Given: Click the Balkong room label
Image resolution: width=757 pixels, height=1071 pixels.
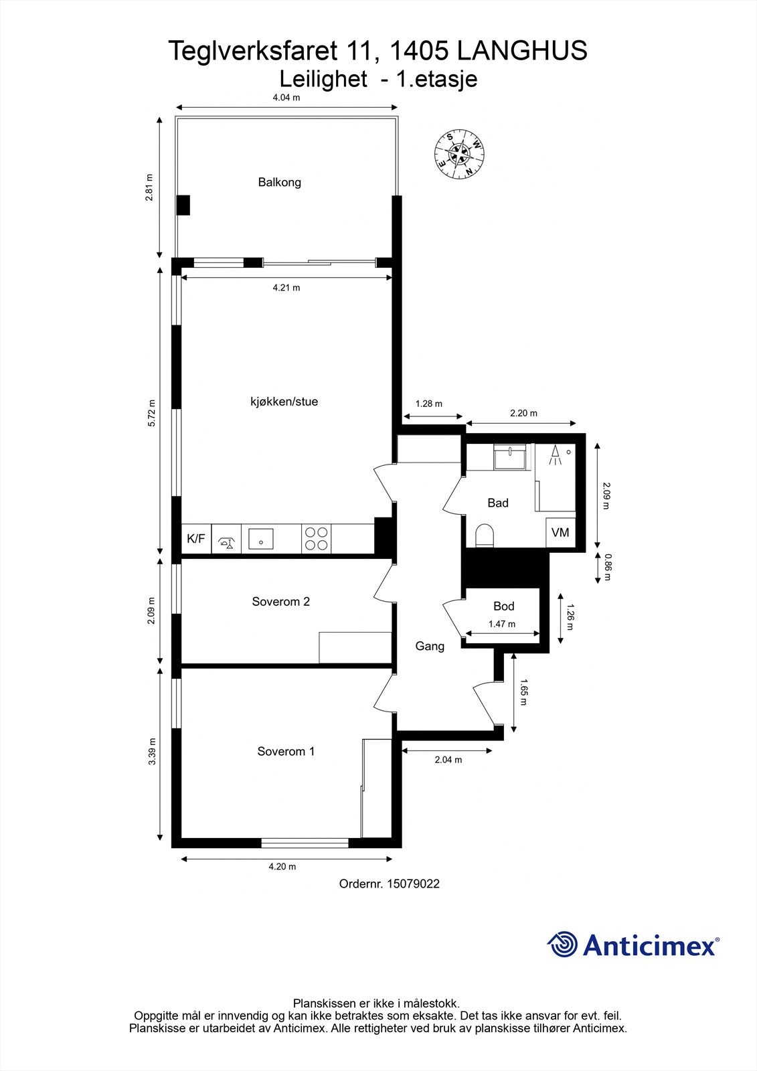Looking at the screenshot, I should point(279,182).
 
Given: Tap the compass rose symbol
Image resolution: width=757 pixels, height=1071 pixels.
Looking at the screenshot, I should point(459,154).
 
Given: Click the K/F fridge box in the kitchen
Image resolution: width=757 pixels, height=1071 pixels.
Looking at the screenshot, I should point(196,538).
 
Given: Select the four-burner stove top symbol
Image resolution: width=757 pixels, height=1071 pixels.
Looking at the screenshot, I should point(317,539).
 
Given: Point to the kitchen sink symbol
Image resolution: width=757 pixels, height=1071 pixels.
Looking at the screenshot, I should point(261,538).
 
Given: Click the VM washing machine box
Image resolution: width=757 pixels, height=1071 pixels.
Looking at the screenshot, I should point(560,533).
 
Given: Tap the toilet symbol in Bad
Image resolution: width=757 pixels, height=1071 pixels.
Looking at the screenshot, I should point(484,536).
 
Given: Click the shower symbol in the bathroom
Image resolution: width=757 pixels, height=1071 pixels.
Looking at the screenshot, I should point(555,456).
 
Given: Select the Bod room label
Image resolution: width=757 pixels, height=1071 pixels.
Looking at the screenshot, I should point(503,606).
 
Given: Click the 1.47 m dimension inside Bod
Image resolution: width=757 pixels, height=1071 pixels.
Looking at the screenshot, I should point(501,624).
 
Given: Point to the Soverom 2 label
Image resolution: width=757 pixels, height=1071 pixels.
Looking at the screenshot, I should point(280,601).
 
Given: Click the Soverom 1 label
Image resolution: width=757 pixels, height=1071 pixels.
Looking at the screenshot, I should point(286,751).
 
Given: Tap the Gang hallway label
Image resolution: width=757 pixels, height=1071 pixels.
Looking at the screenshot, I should point(430,646).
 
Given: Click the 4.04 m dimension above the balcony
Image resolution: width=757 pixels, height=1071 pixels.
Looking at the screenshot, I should point(286,98).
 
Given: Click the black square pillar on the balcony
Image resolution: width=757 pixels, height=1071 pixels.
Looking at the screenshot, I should point(183,205).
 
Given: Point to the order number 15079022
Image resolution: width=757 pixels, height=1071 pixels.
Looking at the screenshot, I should point(389,884).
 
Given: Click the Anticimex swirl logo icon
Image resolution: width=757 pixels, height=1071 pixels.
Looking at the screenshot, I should point(562,944).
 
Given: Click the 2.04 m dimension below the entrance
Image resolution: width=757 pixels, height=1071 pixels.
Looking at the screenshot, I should point(448,760).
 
